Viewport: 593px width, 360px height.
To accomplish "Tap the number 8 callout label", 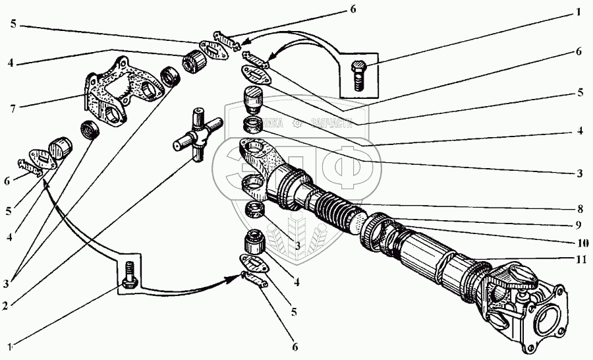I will coord(579,210).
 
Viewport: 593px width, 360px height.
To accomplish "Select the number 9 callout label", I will coord(579,225).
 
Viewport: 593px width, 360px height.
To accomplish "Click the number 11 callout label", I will coord(579,260).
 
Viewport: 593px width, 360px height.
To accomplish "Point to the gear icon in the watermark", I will coord(298,122).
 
